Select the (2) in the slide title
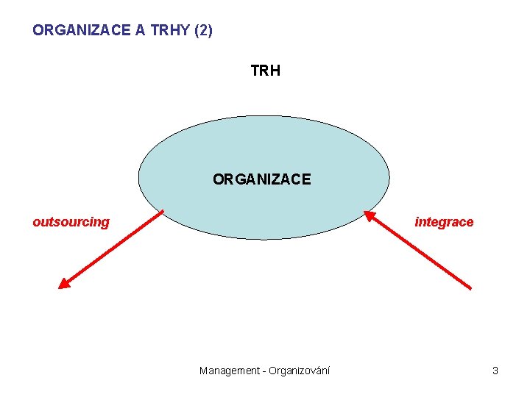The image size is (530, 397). (202, 31)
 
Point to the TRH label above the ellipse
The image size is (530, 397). (265, 71)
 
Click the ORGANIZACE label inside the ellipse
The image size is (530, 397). (262, 179)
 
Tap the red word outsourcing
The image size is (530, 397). (71, 222)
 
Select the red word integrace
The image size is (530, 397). (444, 222)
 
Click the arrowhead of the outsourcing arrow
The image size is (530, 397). (64, 283)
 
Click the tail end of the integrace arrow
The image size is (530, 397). (470, 288)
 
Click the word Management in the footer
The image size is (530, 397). (230, 371)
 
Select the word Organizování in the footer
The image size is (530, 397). (300, 371)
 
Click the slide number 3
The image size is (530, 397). (495, 371)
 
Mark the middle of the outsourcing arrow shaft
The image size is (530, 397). (112, 249)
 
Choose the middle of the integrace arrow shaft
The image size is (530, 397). (420, 251)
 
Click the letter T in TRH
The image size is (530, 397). (255, 71)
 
